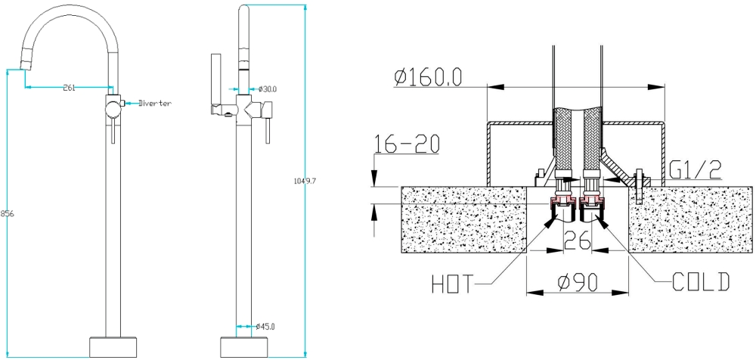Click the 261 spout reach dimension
point(70,88)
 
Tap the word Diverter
point(155,104)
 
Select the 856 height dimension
point(8,214)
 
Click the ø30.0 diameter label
point(268,89)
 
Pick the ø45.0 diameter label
point(265,327)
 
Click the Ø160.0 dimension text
point(428,76)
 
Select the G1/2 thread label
point(696,170)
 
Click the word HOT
point(453,284)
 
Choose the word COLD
point(701,282)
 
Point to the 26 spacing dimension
point(577,240)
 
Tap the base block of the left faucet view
point(113,347)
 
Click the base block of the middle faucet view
point(243,347)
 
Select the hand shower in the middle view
point(215,85)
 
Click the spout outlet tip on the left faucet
point(26,63)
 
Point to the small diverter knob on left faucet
point(122,103)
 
